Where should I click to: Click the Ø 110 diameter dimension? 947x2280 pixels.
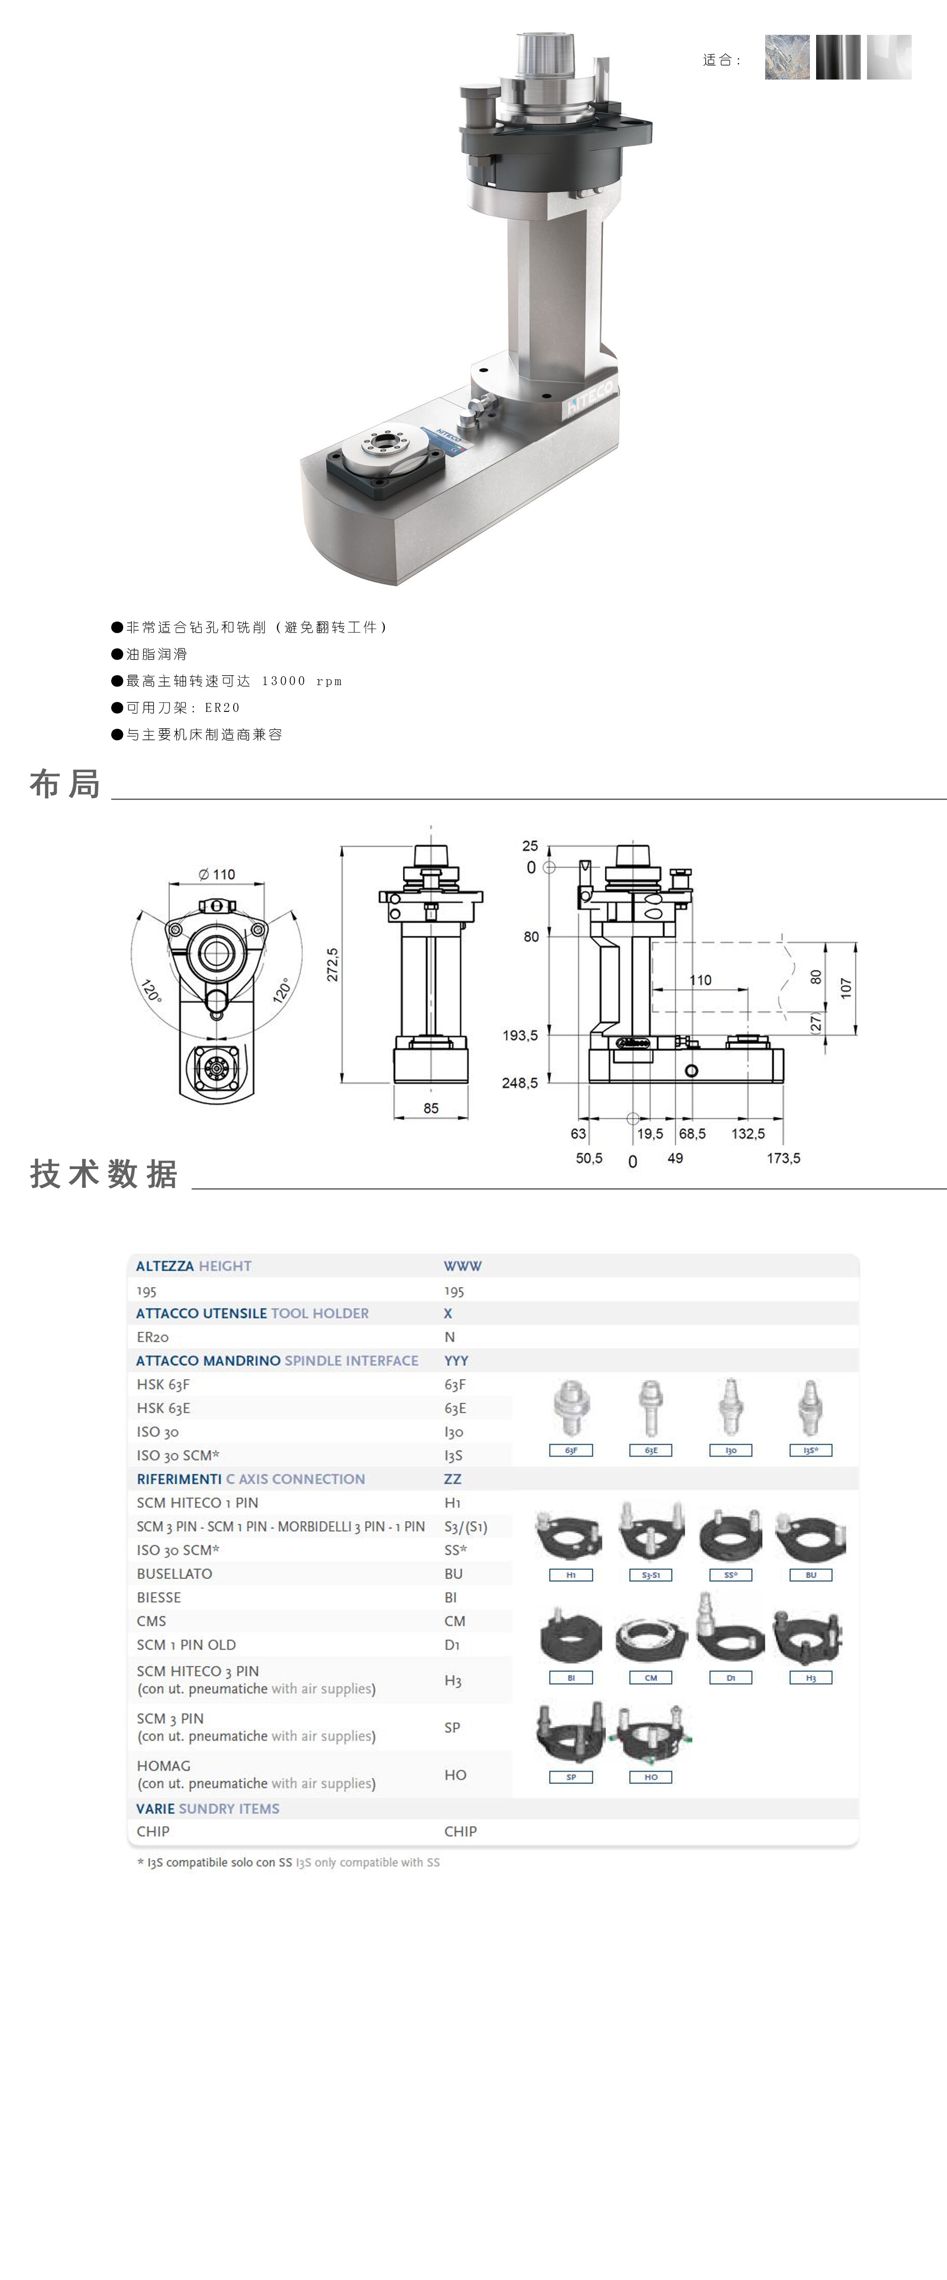pyautogui.click(x=217, y=875)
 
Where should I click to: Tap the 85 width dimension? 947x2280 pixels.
pyautogui.click(x=431, y=1108)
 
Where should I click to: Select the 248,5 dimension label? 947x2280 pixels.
pyautogui.click(x=520, y=1082)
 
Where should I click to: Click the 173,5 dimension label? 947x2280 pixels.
pyautogui.click(x=783, y=1158)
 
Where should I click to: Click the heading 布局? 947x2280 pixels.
pyautogui.click(x=65, y=784)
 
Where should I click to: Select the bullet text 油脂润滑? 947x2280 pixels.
pyautogui.click(x=157, y=654)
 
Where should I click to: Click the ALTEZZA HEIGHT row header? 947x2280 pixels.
pyautogui.click(x=194, y=1266)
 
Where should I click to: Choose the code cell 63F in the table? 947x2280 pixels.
pyautogui.click(x=455, y=1384)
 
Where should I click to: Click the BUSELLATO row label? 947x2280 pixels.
pyautogui.click(x=174, y=1573)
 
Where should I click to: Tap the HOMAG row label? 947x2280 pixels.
pyautogui.click(x=164, y=1766)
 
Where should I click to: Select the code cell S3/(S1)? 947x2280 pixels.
pyautogui.click(x=465, y=1527)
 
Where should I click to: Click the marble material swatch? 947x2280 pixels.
pyautogui.click(x=787, y=58)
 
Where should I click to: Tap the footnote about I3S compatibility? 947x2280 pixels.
pyautogui.click(x=289, y=1862)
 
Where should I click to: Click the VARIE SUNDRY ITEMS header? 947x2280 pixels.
pyautogui.click(x=208, y=1808)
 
